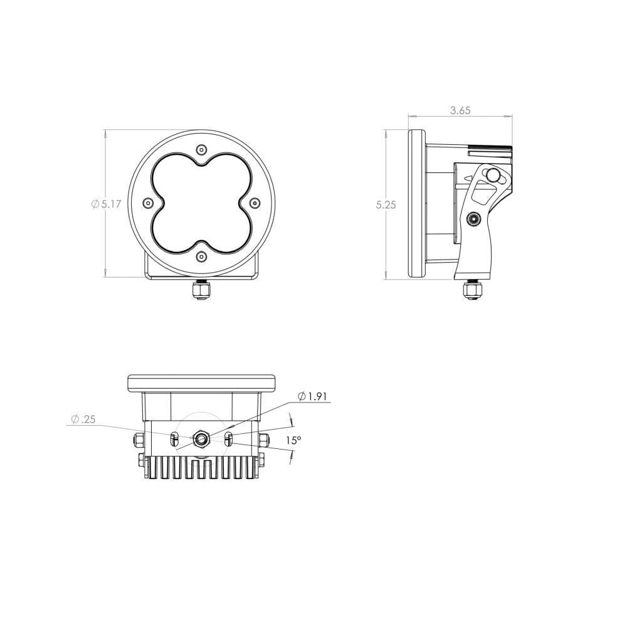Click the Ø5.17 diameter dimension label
[106, 204]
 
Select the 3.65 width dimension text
[460, 110]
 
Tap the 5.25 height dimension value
[386, 205]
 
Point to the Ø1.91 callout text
[312, 396]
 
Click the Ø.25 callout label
[83, 419]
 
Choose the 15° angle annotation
[293, 440]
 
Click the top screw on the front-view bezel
[202, 150]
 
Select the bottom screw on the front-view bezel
[202, 256]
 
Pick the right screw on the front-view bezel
[255, 203]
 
